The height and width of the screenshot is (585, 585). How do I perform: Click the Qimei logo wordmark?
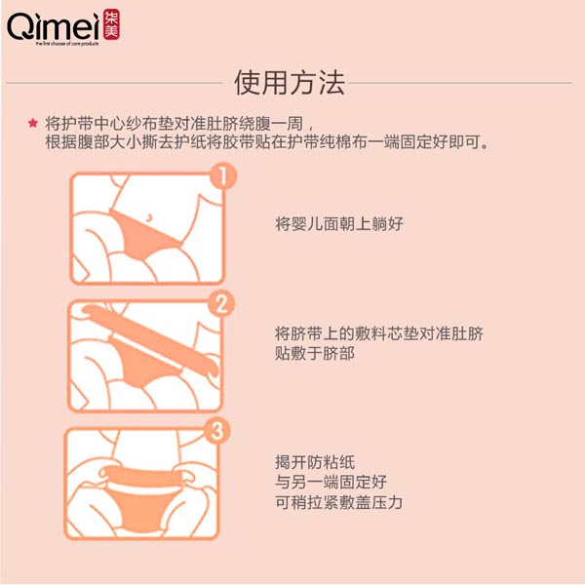[47, 27]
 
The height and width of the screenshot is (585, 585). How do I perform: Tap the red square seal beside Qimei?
[101, 25]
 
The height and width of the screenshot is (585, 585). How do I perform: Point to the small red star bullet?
[33, 124]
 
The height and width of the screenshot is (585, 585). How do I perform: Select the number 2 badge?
[223, 303]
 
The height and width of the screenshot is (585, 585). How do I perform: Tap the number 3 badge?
[219, 430]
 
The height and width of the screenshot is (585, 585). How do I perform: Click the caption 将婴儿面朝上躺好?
[338, 223]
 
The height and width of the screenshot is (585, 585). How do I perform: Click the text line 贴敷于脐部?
[314, 354]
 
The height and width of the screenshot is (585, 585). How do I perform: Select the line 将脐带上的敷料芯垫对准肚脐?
[378, 332]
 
